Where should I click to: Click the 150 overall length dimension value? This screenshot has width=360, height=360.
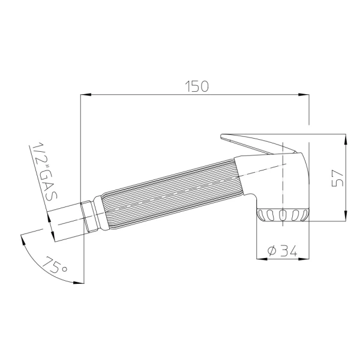coord(196,86)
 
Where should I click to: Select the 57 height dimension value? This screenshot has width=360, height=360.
coord(337,178)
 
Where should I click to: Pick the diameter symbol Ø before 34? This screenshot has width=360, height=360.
coord(271,251)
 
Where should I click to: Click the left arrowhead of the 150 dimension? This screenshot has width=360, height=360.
coord(85,94)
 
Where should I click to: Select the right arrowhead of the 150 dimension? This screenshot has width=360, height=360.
coord(304,94)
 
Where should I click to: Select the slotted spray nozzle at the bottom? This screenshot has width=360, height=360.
coord(283,215)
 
